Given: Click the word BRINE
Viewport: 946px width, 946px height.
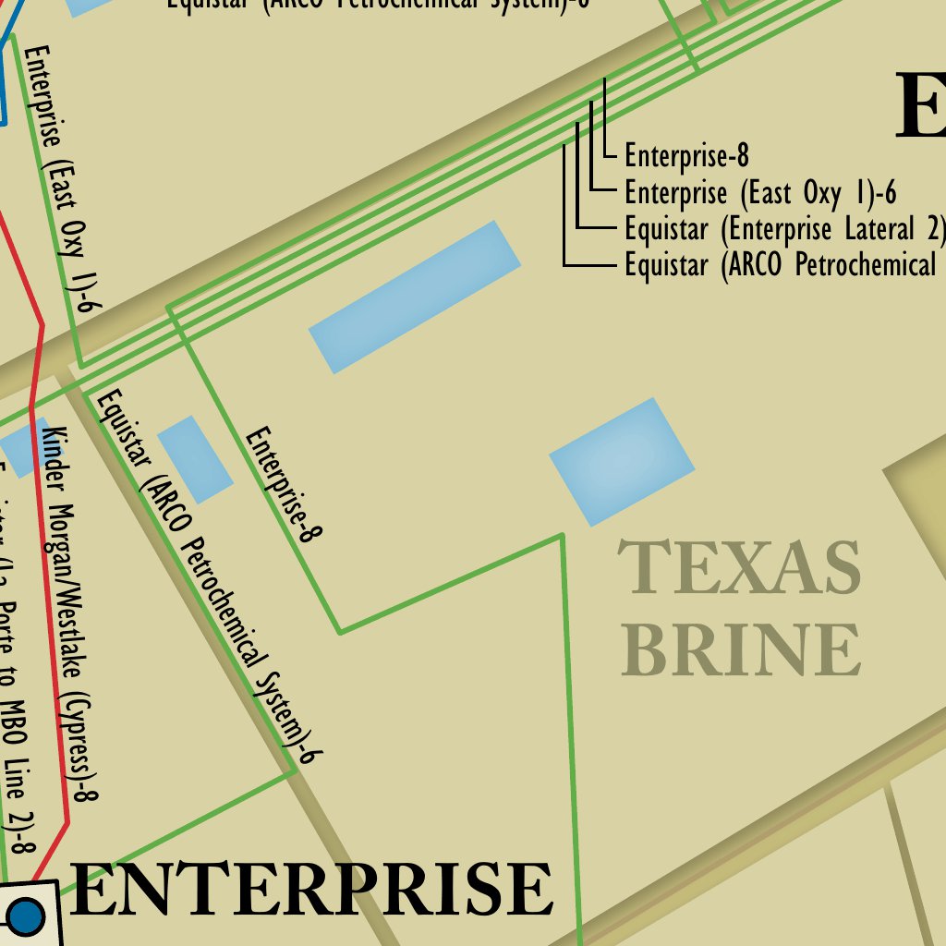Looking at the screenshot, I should (741, 649).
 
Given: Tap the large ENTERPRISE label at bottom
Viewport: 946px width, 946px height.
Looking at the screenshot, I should (311, 889).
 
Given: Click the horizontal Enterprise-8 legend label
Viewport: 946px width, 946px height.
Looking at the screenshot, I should (685, 156).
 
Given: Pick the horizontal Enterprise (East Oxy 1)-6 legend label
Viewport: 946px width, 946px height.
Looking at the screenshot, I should (760, 193).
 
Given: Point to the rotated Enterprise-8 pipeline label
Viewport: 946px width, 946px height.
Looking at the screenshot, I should (284, 483).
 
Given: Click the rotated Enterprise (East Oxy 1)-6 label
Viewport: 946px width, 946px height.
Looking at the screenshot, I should (63, 176).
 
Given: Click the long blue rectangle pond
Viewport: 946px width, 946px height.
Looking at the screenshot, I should (415, 297).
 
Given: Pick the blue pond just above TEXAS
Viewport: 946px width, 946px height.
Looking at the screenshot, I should (622, 461).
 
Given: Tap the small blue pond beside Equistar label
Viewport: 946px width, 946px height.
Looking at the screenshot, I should (195, 459).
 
